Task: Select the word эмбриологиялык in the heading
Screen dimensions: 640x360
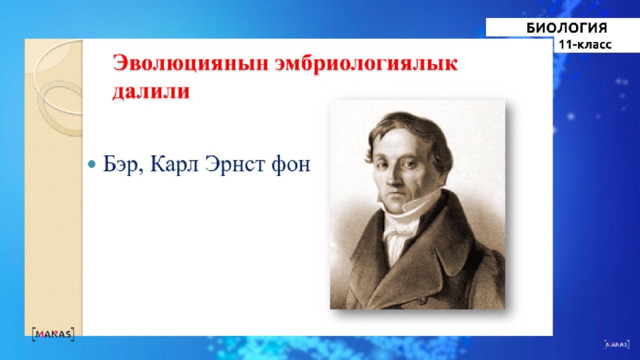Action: click(x=366, y=64)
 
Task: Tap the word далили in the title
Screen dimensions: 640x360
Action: click(x=151, y=91)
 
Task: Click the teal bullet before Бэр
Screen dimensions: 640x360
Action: click(x=92, y=164)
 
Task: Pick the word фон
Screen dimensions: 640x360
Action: click(x=290, y=165)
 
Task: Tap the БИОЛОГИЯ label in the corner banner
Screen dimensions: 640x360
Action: click(x=567, y=28)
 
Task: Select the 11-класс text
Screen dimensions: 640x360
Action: click(x=585, y=44)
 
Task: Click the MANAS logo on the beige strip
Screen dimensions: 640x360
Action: click(x=53, y=334)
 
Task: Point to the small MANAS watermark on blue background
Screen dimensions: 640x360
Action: click(x=617, y=344)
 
